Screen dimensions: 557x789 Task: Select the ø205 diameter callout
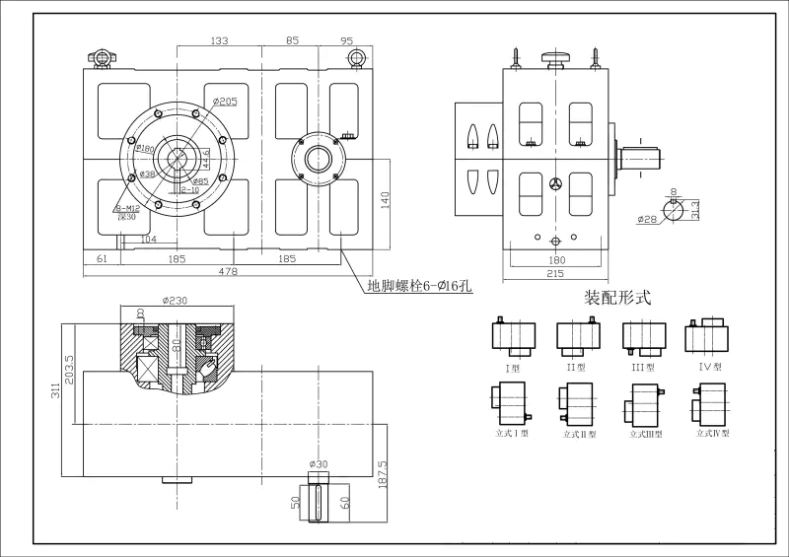(x=226, y=102)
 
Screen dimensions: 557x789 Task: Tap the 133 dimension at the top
(x=219, y=41)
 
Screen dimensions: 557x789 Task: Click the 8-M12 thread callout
(x=125, y=209)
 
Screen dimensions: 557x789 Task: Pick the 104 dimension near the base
(x=149, y=240)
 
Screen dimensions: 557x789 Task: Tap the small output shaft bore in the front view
(x=319, y=158)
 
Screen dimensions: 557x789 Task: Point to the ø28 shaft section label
(x=648, y=219)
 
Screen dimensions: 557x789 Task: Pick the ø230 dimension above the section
(x=177, y=301)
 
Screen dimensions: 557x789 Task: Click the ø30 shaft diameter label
(x=318, y=463)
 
